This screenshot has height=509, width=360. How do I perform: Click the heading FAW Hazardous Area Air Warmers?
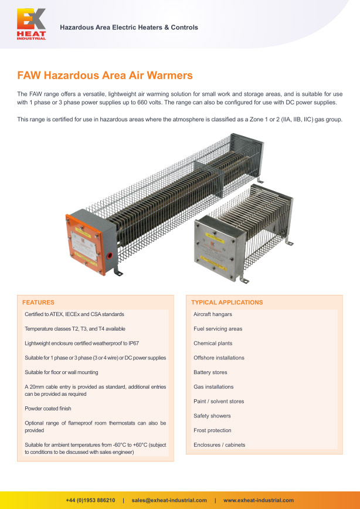coord(104,76)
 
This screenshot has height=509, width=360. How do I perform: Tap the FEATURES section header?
coord(38,303)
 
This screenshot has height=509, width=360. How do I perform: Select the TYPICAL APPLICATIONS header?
coord(227,303)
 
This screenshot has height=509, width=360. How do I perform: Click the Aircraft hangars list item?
coord(212,314)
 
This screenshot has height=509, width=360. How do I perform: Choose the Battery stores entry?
coord(210,372)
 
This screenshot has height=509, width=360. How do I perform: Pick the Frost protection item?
coord(212,430)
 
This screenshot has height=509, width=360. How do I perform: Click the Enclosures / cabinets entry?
coord(219,445)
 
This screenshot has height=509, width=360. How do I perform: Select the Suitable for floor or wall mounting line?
coord(62,372)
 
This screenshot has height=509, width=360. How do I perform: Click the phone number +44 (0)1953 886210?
coord(90,500)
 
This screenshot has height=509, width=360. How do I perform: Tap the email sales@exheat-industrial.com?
coord(169,500)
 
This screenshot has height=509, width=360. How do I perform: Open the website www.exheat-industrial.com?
coord(259,500)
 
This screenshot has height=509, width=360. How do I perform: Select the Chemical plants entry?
coord(212,343)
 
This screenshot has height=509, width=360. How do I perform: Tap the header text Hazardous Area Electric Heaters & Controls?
coord(129,28)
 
